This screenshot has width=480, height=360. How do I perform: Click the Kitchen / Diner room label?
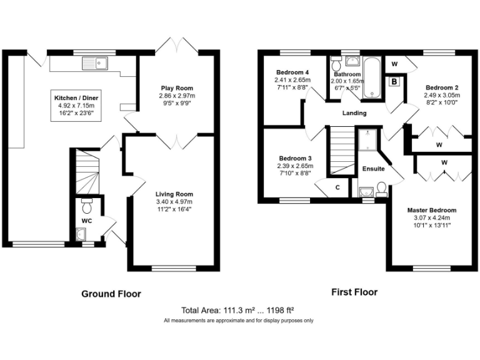pyautogui.click(x=77, y=98)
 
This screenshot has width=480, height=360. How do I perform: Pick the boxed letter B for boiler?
pyautogui.click(x=394, y=81)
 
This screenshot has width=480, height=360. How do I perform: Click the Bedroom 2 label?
pyautogui.click(x=442, y=87)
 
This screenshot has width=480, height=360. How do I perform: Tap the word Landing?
pyautogui.click(x=354, y=113)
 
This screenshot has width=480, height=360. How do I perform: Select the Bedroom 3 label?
pyautogui.click(x=296, y=158)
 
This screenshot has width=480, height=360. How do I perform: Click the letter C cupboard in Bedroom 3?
pyautogui.click(x=337, y=187)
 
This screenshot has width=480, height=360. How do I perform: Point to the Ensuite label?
pyautogui.click(x=373, y=169)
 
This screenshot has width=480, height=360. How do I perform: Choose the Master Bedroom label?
pyautogui.click(x=432, y=210)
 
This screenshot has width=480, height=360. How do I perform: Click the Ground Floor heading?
pyautogui.click(x=111, y=294)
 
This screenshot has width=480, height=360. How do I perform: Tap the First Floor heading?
pyautogui.click(x=354, y=292)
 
